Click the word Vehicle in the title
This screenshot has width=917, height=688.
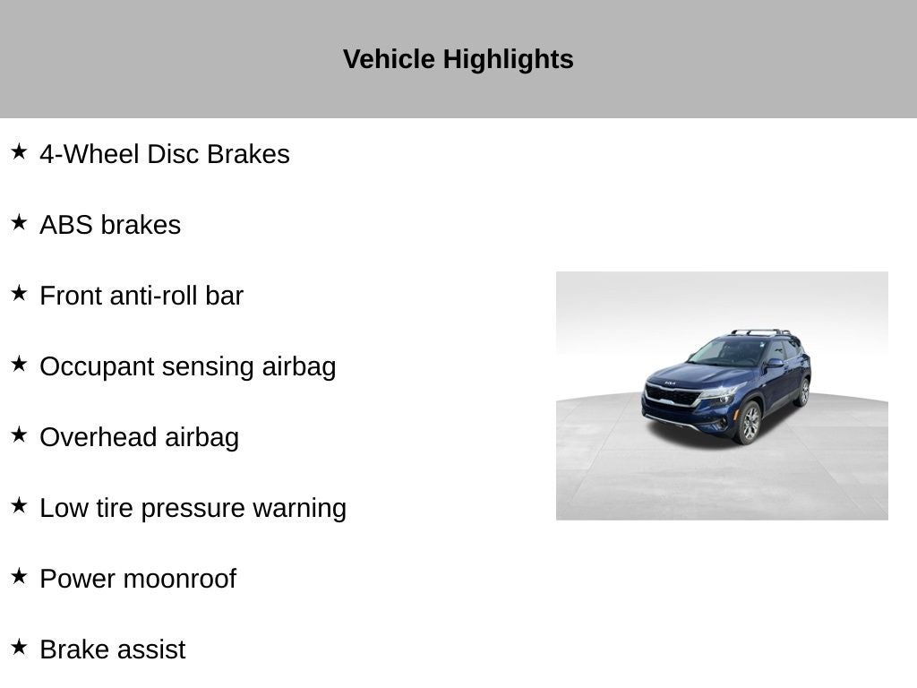point(389,59)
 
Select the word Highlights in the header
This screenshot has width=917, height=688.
point(509,60)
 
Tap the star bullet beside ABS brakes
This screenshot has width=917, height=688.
point(19,222)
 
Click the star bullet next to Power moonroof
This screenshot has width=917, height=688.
point(19,576)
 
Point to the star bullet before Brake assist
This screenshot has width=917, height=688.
point(19,647)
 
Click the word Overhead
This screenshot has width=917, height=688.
point(99,437)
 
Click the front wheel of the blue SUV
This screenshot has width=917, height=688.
point(750,423)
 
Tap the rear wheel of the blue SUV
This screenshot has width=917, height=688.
point(804,392)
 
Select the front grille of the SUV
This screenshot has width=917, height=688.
point(672,395)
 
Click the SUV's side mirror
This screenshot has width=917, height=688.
point(775,364)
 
